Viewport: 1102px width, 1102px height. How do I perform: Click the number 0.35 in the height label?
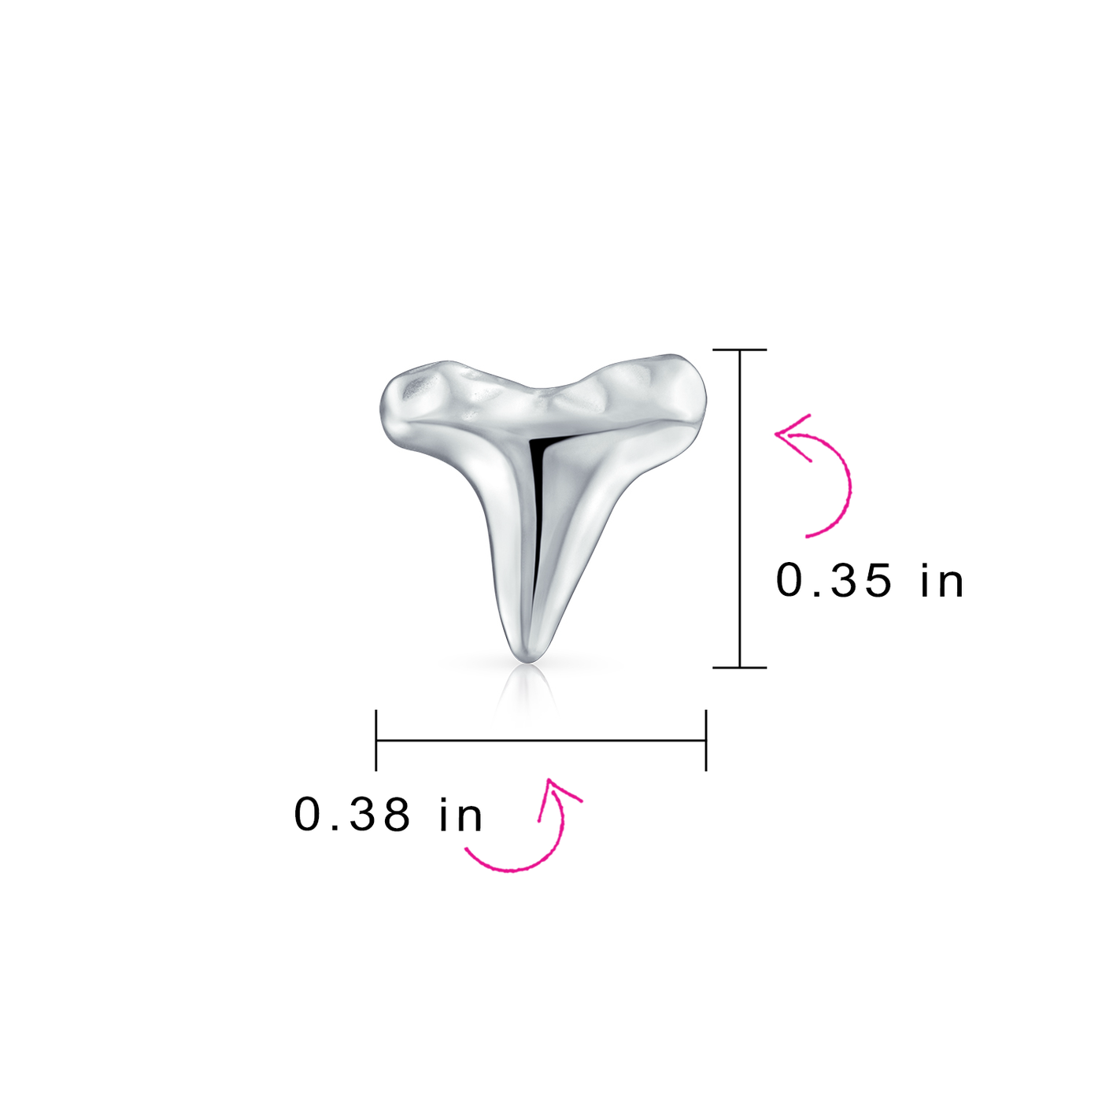click(834, 581)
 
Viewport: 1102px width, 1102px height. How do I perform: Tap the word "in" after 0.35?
click(942, 581)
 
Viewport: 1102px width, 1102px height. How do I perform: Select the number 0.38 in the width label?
click(352, 814)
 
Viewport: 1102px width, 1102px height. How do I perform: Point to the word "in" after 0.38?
click(460, 814)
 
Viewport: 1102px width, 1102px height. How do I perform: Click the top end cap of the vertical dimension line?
click(740, 349)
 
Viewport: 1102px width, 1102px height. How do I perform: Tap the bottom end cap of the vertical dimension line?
click(740, 667)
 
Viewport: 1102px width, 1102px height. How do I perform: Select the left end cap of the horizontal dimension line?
click(376, 740)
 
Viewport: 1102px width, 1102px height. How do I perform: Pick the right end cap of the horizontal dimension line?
click(706, 740)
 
